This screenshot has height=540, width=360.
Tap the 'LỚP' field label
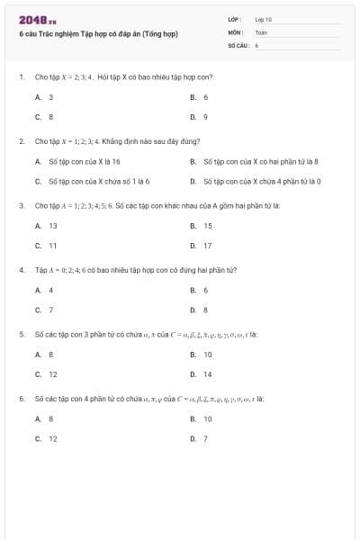click(x=234, y=19)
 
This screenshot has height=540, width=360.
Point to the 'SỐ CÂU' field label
click(x=238, y=44)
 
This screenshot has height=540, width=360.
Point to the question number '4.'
click(x=21, y=269)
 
